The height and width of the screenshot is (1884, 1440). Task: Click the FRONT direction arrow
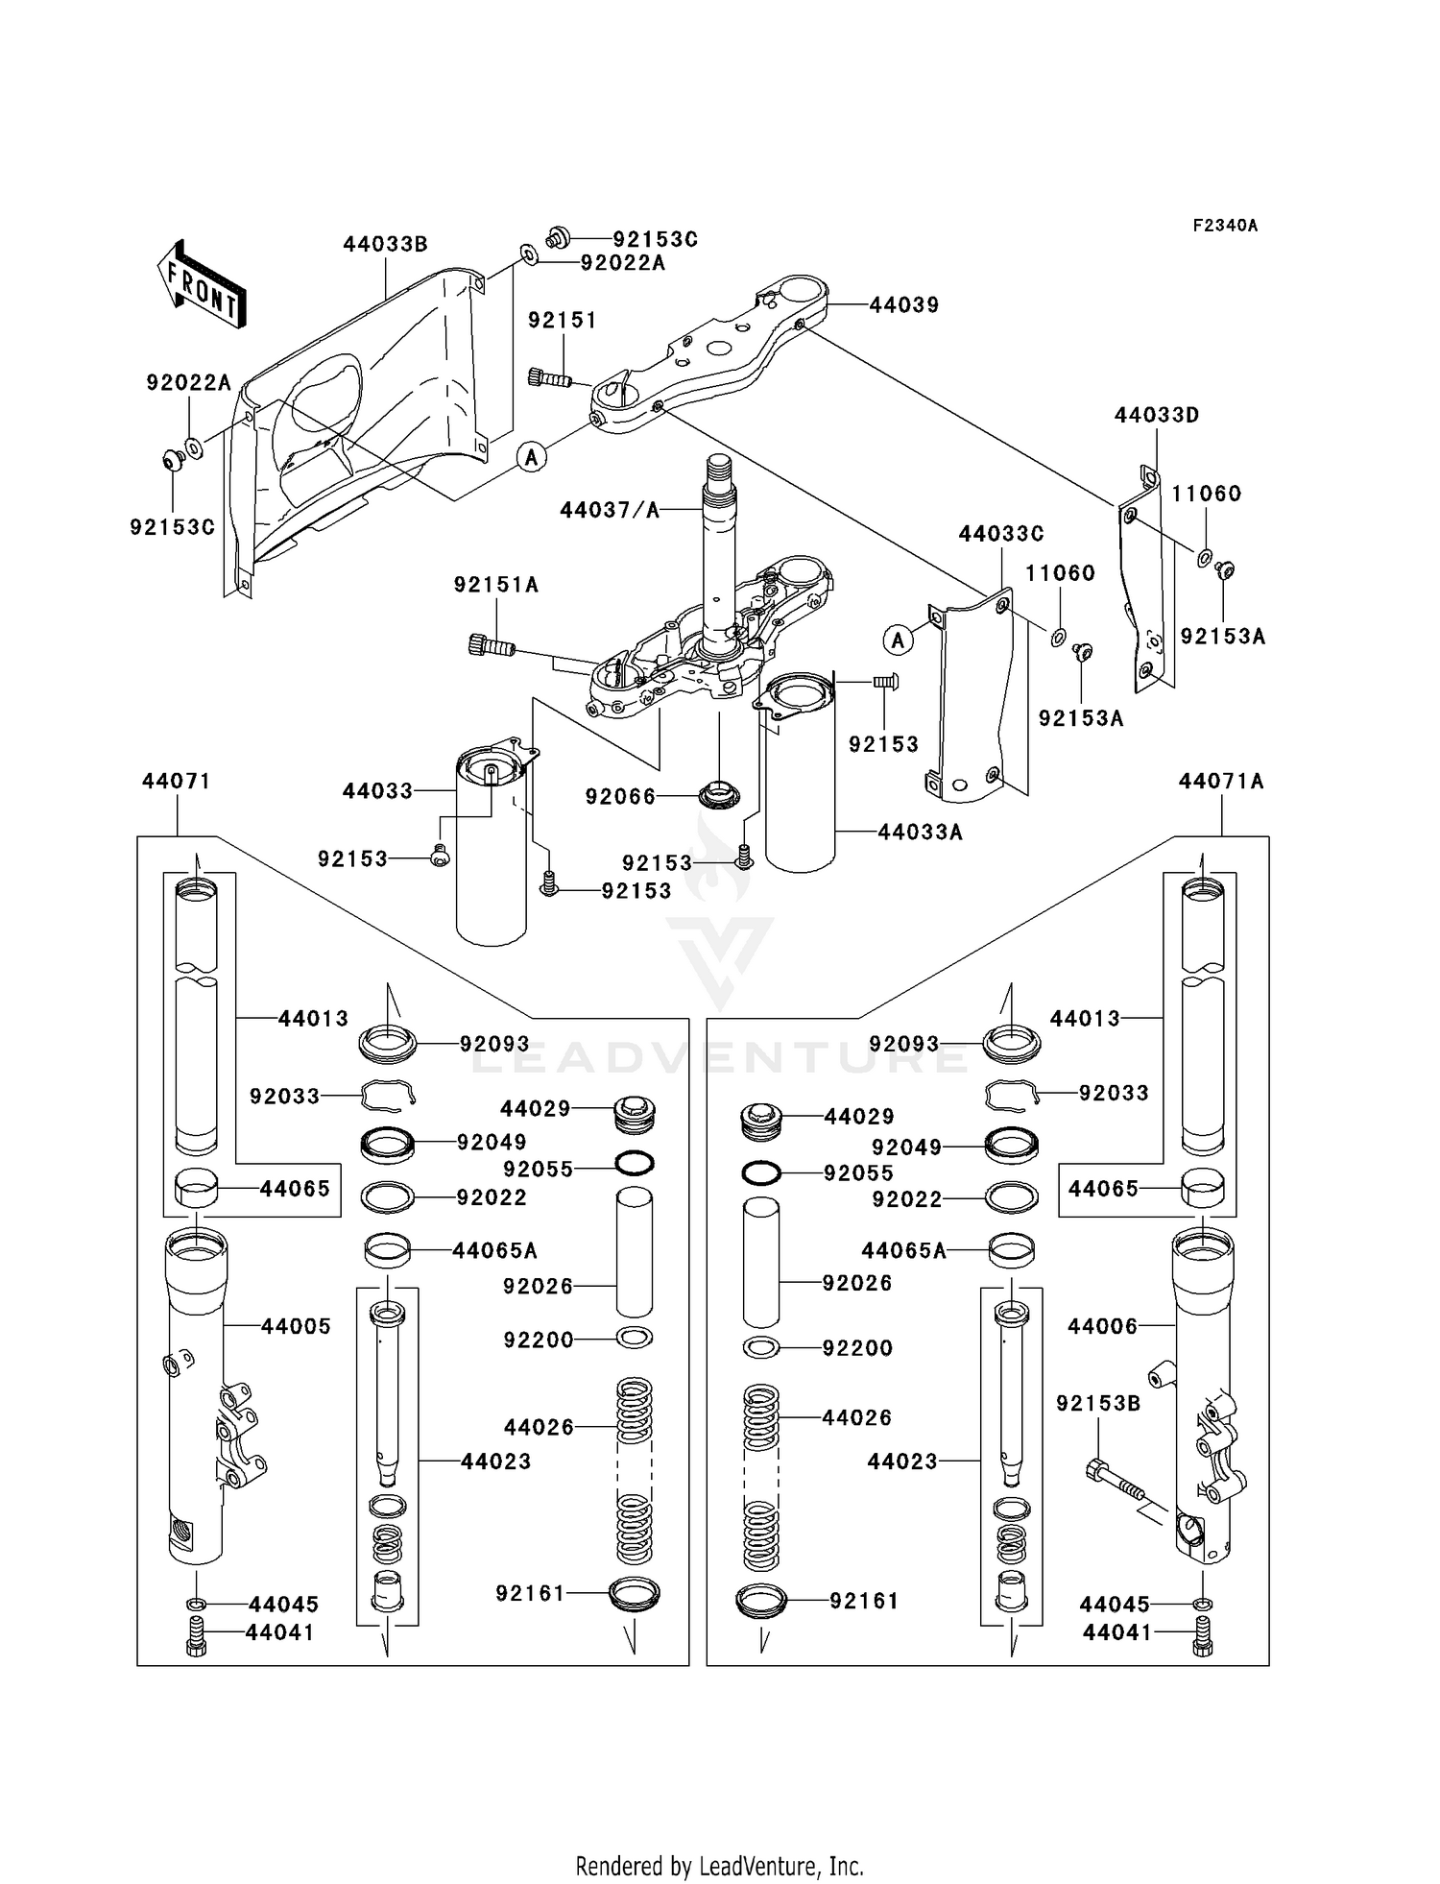click(203, 286)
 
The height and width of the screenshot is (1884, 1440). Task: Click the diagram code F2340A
click(1224, 226)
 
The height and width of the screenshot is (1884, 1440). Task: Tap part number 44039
click(903, 305)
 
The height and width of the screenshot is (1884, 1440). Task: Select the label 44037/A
click(610, 510)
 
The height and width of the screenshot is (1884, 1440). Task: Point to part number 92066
click(620, 796)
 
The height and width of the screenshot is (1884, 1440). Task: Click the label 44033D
click(1156, 416)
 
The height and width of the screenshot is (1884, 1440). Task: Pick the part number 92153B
click(1097, 1404)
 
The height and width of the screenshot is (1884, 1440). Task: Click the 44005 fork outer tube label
click(296, 1326)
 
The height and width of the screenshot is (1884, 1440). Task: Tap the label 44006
click(1102, 1326)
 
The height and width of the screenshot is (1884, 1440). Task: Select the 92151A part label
click(495, 585)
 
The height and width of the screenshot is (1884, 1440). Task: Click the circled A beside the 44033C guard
click(898, 640)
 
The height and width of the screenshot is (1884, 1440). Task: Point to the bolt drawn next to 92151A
click(491, 646)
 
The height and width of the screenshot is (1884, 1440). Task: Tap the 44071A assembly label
click(1220, 782)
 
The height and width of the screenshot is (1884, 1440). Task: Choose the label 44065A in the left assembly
click(494, 1250)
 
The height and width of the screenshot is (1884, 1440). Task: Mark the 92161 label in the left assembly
click(529, 1594)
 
